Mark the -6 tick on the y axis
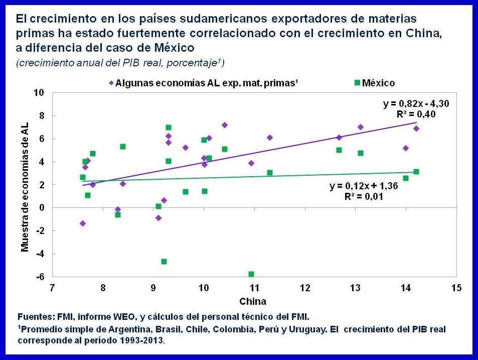pyautogui.click(x=40, y=277)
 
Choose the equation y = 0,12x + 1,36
pyautogui.click(x=357, y=186)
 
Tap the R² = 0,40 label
pyautogui.click(x=415, y=114)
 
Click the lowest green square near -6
pyautogui.click(x=251, y=274)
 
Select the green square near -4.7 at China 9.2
pyautogui.click(x=164, y=262)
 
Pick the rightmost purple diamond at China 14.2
pyautogui.click(x=416, y=129)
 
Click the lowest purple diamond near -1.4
pyautogui.click(x=83, y=223)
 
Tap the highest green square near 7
pyautogui.click(x=169, y=128)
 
